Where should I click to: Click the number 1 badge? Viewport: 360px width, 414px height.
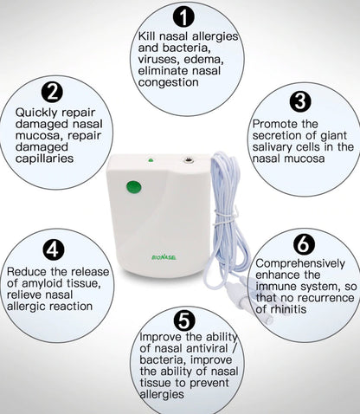tap(183, 16)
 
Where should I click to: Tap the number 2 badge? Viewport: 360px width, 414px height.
tap(54, 91)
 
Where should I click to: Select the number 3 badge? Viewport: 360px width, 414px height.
tap(300, 101)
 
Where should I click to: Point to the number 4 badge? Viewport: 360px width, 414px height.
tap(53, 249)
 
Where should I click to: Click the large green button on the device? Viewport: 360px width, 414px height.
tap(132, 185)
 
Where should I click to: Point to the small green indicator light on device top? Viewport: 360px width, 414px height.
tap(150, 161)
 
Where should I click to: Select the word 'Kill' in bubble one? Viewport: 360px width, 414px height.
tap(148, 36)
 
